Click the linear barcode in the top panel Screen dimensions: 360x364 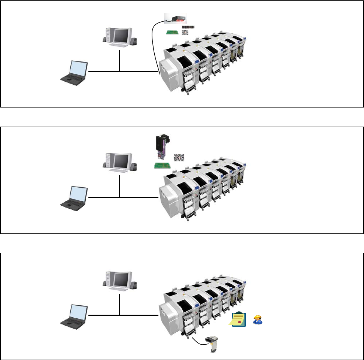[x=188, y=27]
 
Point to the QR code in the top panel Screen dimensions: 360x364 [x=185, y=33]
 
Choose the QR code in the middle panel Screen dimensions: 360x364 [x=179, y=158]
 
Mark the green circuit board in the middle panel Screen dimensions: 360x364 [x=162, y=166]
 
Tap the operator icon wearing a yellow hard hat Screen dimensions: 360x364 [x=258, y=320]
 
